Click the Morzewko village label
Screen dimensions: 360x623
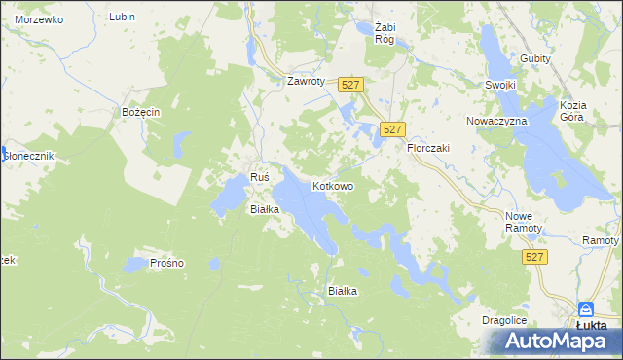pyautogui.click(x=39, y=19)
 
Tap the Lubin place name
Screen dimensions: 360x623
pyautogui.click(x=122, y=18)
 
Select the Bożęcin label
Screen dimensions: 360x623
pyautogui.click(x=140, y=112)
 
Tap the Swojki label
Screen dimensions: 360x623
pyautogui.click(x=499, y=85)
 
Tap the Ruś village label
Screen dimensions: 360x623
pyautogui.click(x=259, y=177)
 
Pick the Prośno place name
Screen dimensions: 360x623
pyautogui.click(x=167, y=263)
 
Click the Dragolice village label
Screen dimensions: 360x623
pyautogui.click(x=504, y=319)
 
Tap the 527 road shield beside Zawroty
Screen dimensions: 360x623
pyautogui.click(x=351, y=86)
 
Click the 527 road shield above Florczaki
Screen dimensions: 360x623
pyautogui.click(x=392, y=129)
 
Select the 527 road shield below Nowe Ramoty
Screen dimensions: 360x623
pyautogui.click(x=532, y=257)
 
